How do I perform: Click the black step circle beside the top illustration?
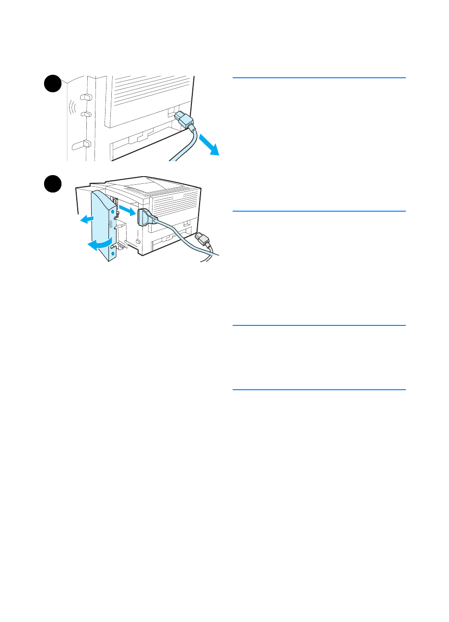(53, 84)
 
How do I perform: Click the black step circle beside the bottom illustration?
(53, 185)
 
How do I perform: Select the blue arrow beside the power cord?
(210, 145)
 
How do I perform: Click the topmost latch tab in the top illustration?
(86, 97)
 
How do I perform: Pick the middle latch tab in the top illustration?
(86, 114)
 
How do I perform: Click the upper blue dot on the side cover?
(113, 211)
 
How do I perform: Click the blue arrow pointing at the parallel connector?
(127, 210)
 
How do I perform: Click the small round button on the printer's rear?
(138, 241)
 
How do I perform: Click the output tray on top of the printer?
(144, 184)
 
